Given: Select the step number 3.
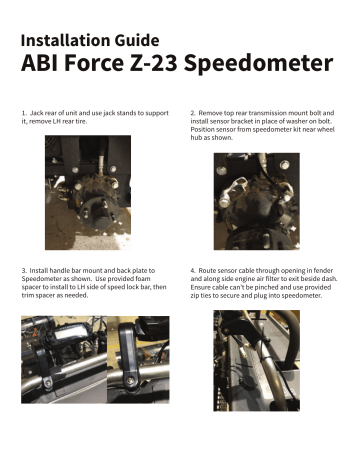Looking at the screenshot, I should [x=23, y=270].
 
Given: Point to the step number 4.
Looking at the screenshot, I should [x=192, y=270].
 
